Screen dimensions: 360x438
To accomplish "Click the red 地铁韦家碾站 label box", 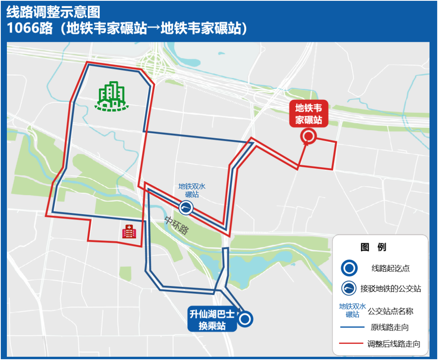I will pos(309,114).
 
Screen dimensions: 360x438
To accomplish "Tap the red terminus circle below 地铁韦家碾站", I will pos(308,136).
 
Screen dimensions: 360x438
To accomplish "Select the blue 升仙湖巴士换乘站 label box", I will pos(212,320).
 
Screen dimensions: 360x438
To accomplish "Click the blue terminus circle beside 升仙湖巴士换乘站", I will pos(245,319).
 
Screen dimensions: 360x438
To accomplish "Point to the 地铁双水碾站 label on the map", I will pos(192,190).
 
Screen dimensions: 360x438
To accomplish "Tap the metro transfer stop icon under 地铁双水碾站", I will pos(186,208).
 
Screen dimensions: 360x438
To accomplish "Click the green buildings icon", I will pos(112,97).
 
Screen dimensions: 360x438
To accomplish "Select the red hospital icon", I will pos(129,232).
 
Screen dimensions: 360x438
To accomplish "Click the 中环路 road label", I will pos(176,225).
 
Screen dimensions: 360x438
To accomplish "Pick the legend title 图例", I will pos(374,247).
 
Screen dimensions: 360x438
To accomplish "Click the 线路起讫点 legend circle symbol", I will pos(349,268).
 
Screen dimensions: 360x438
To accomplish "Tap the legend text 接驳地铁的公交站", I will pos(391,289).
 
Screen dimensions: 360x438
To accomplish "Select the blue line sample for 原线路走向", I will pos(352,327).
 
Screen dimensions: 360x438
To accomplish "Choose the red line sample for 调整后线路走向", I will pos(352,344).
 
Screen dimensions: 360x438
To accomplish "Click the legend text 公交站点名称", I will pos(390,311).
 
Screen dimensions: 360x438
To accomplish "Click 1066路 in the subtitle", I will pos(30,28).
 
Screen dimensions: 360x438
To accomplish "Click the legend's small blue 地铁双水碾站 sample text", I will pos(352,310).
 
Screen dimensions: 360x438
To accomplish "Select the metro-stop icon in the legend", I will pos(349,289).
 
